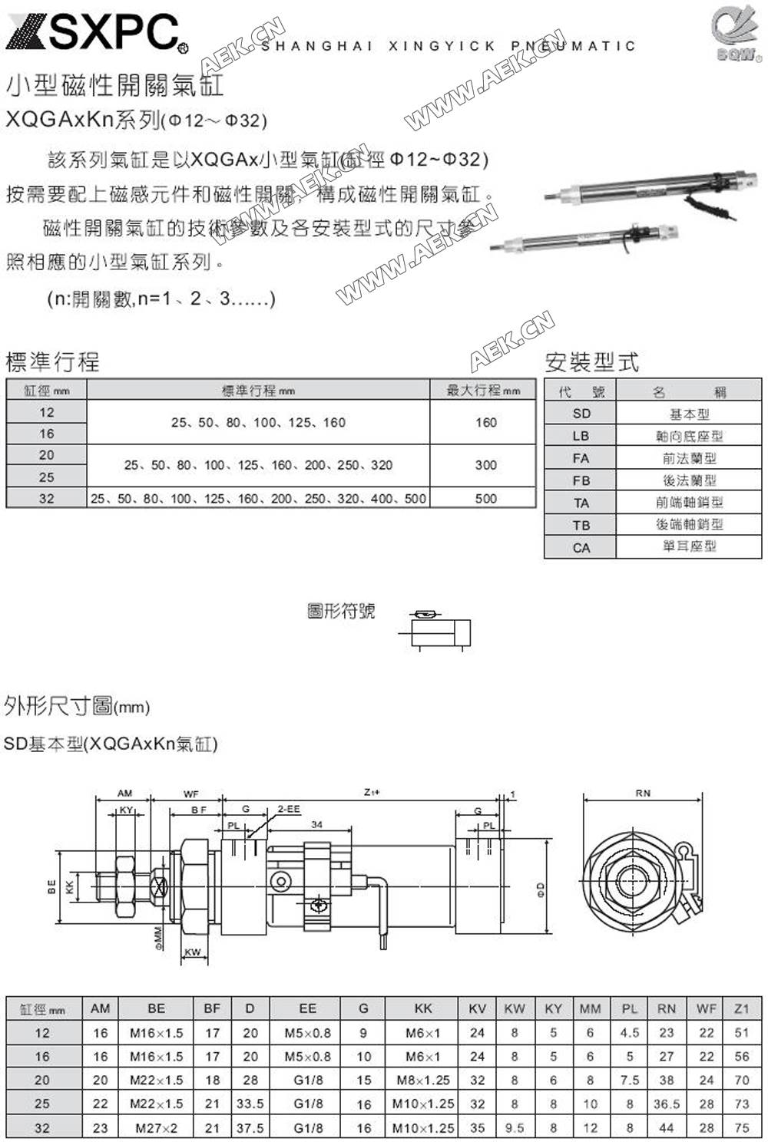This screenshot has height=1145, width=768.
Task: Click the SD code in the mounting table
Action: coord(581,414)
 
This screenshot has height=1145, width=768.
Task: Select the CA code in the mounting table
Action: coord(581,547)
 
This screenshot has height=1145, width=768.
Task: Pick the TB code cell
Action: coord(581,525)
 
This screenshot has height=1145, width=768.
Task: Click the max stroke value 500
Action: coord(485,498)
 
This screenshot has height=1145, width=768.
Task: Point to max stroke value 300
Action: coord(485,465)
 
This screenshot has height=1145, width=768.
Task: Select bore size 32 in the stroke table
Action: coord(47,498)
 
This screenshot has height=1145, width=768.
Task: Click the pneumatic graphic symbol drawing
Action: coord(435,630)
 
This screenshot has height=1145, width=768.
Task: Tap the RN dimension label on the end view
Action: coord(643,793)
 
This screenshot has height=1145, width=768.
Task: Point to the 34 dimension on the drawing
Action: coord(316,824)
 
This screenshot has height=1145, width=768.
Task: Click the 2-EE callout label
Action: coord(289,809)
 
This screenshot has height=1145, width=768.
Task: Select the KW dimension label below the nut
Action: coord(193,952)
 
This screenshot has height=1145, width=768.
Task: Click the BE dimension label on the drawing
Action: coord(51,887)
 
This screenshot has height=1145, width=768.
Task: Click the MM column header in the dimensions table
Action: coord(590,1008)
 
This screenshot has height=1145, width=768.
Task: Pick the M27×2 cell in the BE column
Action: coord(156,1128)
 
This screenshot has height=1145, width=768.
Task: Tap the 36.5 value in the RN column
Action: coord(666,1104)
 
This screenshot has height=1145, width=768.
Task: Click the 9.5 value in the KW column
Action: coord(515,1128)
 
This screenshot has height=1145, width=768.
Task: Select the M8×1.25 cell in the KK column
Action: coord(422,1080)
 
